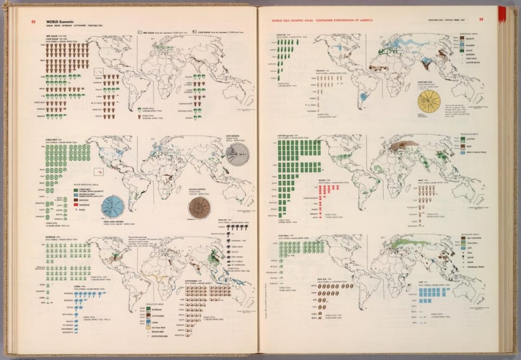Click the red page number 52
33,21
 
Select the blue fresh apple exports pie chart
112,206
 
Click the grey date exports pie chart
237,154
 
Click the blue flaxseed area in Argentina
363,99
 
